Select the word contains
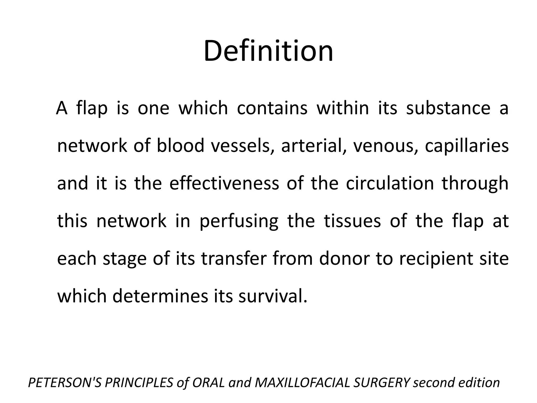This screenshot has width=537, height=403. (x=272, y=108)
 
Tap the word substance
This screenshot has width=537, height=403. (x=448, y=108)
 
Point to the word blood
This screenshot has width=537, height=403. (x=180, y=146)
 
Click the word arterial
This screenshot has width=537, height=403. (x=313, y=146)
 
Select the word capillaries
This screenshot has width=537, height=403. (x=467, y=146)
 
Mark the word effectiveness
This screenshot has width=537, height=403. (x=224, y=183)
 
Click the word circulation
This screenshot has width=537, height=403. (x=390, y=183)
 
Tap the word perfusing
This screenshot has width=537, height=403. (x=239, y=221)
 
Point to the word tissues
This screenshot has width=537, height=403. (x=352, y=221)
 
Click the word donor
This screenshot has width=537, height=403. (x=344, y=258)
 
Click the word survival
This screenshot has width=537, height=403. (x=273, y=296)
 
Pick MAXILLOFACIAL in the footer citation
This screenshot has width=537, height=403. (x=302, y=383)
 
